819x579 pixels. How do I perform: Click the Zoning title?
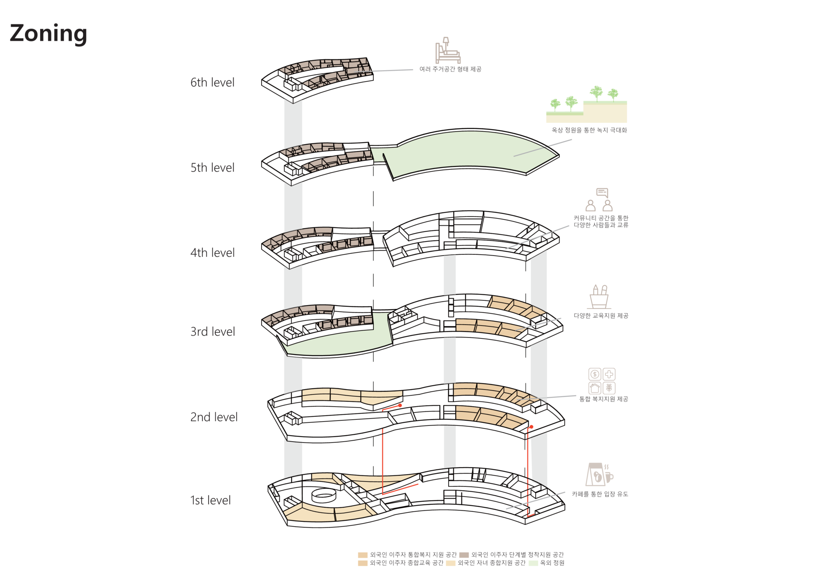[48, 33]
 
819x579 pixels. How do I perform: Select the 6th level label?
[212, 82]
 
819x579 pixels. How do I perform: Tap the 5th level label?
[212, 168]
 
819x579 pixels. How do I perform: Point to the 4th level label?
[212, 253]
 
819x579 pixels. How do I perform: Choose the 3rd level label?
[212, 332]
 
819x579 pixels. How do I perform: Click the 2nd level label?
[213, 417]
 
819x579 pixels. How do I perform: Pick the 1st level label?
[210, 500]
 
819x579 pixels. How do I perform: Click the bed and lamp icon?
[447, 50]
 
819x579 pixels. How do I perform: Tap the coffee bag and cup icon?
[599, 474]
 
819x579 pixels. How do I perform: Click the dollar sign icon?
[595, 374]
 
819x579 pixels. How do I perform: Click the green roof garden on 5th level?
[469, 151]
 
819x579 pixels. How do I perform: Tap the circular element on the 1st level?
[324, 495]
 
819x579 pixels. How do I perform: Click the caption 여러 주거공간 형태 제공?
[450, 69]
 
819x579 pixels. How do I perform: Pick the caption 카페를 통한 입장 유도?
[600, 494]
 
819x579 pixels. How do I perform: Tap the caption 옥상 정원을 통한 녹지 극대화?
[589, 130]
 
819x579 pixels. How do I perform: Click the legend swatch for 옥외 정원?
[533, 563]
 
